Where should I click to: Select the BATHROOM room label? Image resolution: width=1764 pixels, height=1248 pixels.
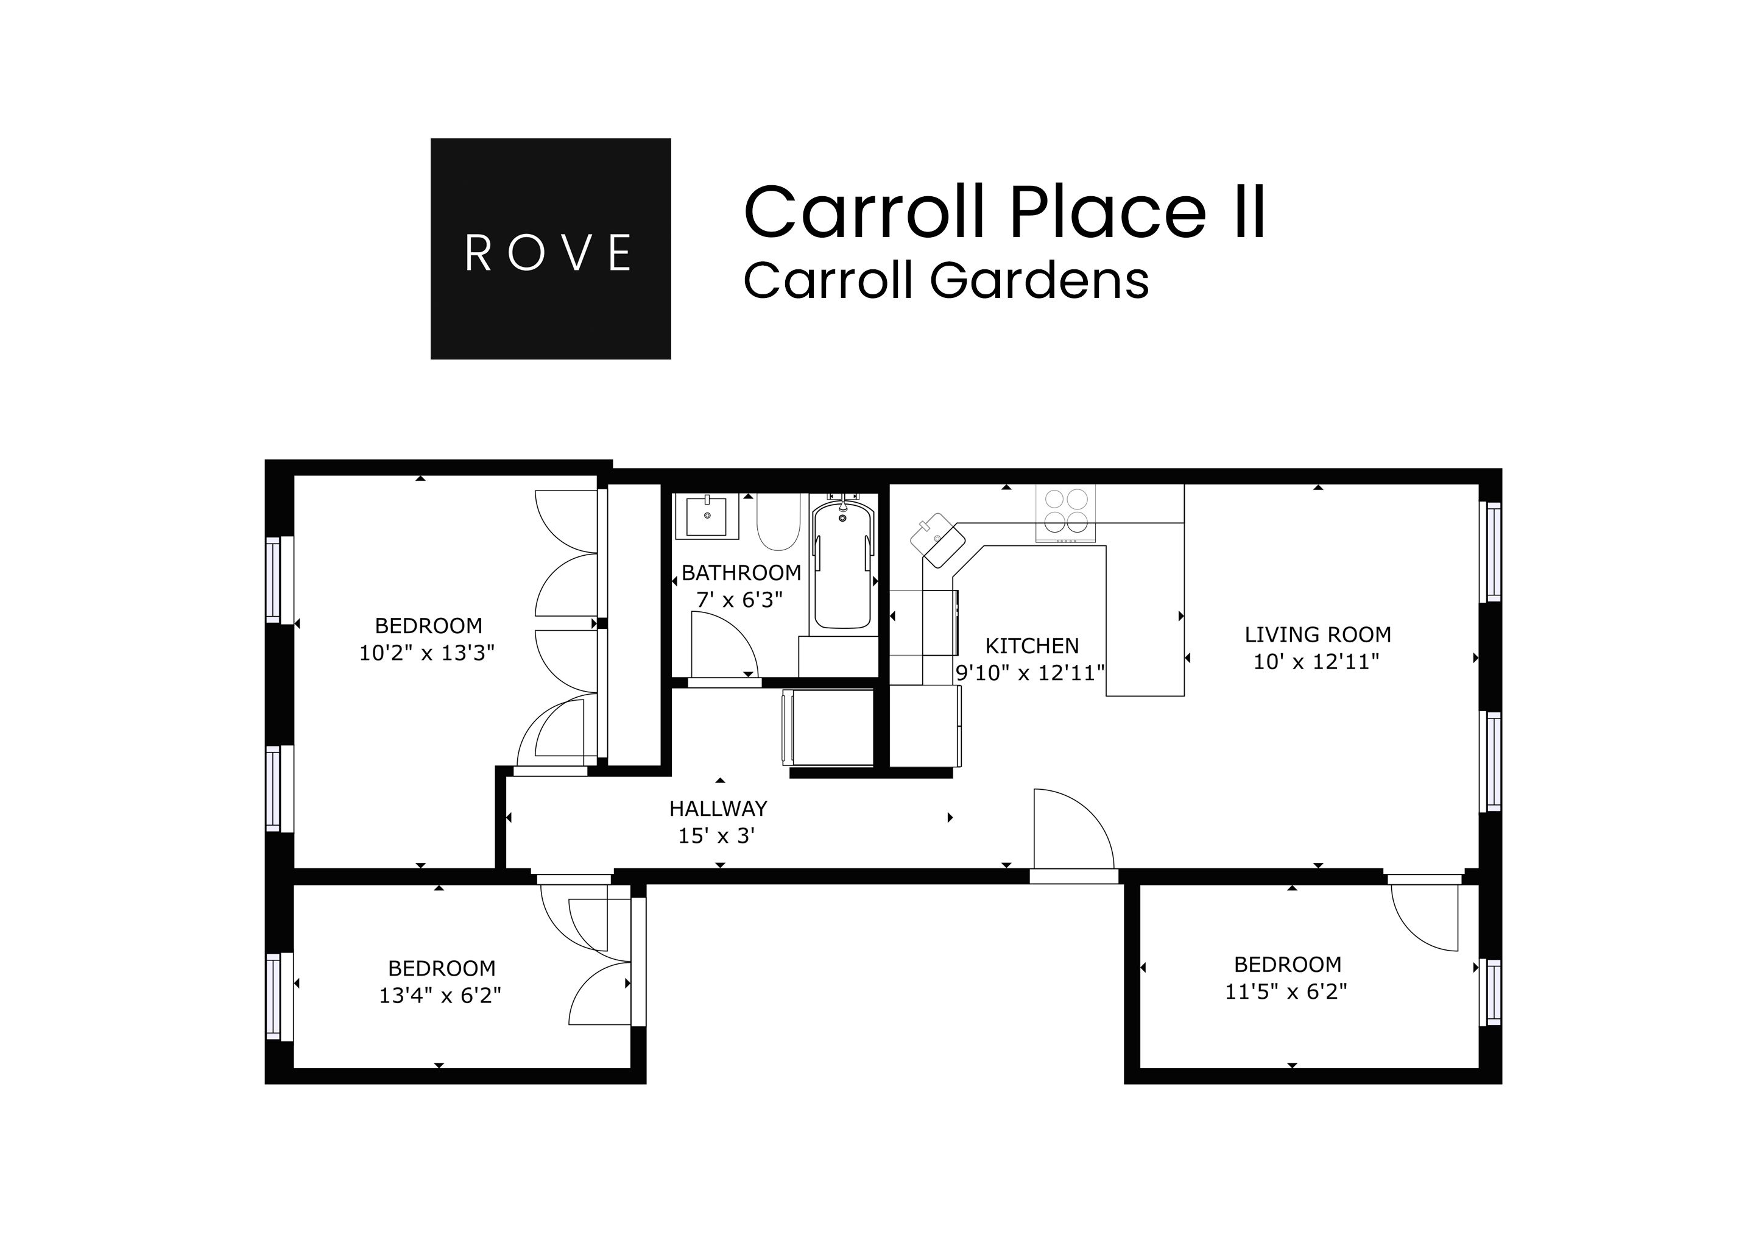click(x=741, y=573)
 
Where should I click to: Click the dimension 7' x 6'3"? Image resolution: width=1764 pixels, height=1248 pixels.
click(x=739, y=600)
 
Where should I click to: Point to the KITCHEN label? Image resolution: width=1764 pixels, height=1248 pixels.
click(x=1032, y=645)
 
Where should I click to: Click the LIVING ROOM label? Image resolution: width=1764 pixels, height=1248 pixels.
click(x=1318, y=635)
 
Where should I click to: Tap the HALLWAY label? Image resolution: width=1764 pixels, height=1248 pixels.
click(x=718, y=809)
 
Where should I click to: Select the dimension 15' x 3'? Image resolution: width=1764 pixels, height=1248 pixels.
click(x=716, y=835)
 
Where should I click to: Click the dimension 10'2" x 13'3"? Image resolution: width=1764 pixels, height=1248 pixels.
click(x=427, y=653)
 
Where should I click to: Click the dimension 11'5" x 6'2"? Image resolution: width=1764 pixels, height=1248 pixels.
click(x=1285, y=992)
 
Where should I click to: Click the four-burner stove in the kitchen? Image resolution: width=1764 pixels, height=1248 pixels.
click(x=1065, y=511)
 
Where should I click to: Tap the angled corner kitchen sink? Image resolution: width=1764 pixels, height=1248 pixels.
click(x=938, y=541)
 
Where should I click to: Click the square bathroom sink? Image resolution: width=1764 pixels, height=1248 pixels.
click(x=706, y=516)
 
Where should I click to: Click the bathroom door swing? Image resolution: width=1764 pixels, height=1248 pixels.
click(x=722, y=645)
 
